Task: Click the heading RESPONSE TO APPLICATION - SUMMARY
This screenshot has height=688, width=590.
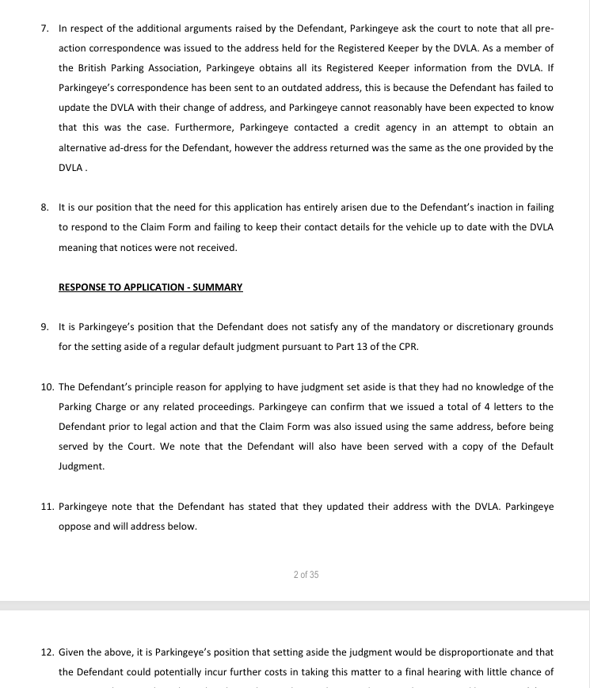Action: (150, 287)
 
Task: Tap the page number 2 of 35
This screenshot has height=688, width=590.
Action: (306, 574)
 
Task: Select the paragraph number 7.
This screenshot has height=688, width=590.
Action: (45, 28)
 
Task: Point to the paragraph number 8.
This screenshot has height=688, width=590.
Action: (45, 207)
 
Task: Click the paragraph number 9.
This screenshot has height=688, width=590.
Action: (45, 326)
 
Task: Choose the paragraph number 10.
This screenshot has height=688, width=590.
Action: (47, 386)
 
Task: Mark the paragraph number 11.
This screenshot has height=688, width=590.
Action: (47, 506)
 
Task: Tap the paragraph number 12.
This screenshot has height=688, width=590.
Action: (47, 652)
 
